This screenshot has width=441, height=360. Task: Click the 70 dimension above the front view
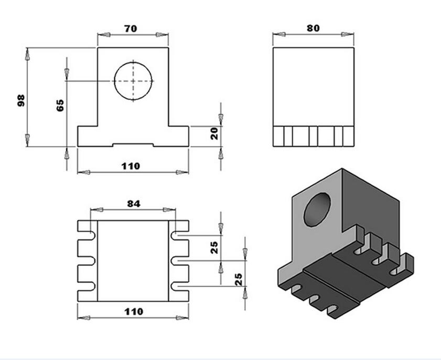[x=131, y=29]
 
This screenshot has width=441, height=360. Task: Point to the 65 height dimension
[x=60, y=105]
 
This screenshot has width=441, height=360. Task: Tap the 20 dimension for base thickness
[x=214, y=134]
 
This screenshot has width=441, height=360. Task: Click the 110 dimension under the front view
[x=131, y=166]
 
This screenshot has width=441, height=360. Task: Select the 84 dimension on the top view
[x=134, y=204]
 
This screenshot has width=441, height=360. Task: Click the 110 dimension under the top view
[x=134, y=311]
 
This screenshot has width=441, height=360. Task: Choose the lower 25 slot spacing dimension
[x=239, y=279]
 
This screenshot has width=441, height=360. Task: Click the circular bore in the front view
[x=133, y=81]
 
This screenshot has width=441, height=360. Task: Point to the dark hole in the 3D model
[x=317, y=209]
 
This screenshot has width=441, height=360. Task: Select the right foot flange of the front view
[x=178, y=136]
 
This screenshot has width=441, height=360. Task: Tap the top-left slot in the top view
[x=87, y=236]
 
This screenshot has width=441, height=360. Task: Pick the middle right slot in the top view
[x=179, y=261]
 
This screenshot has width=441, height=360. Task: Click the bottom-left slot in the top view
[x=87, y=286]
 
